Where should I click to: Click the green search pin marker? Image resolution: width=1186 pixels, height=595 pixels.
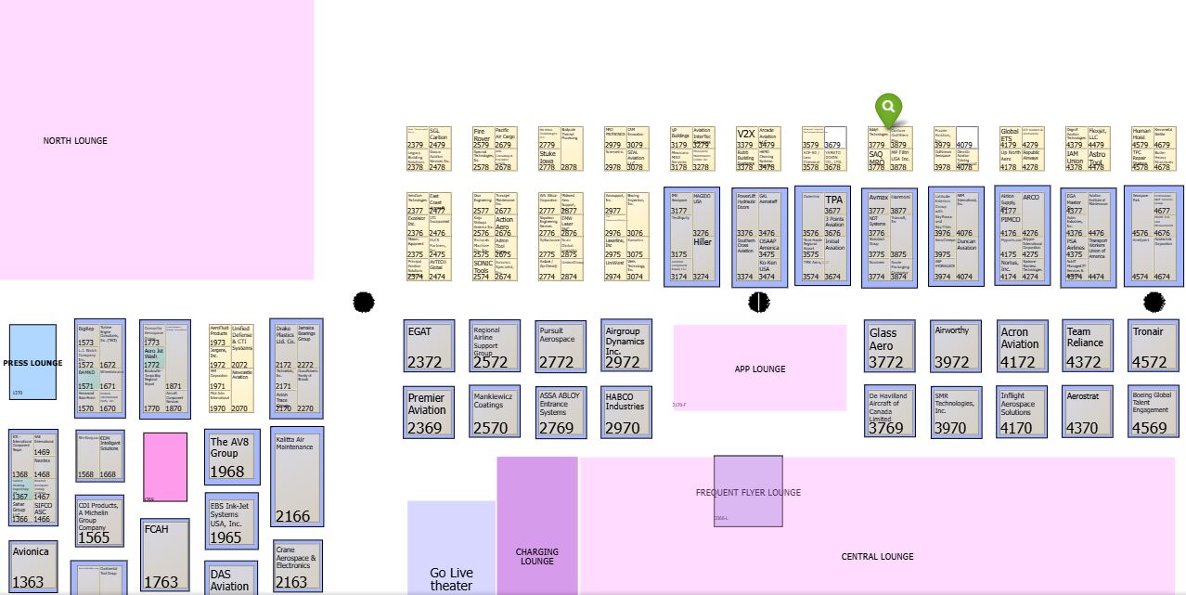888,108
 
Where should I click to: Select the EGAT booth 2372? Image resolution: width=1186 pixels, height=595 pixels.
430,345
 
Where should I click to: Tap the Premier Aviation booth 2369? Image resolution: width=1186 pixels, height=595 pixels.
430,411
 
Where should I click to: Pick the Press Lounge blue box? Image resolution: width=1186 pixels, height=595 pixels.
33,362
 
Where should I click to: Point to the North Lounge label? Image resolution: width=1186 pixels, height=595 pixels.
75,141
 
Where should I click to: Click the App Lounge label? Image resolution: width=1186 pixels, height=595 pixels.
760,369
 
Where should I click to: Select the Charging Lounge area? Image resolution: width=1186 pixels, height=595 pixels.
536,557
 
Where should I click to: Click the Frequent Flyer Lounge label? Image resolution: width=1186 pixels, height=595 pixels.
748,492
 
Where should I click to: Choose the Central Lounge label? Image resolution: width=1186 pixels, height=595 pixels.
877,557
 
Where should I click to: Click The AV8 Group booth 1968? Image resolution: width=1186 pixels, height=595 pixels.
231,456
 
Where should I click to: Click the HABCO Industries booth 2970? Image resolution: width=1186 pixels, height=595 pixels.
626,411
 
